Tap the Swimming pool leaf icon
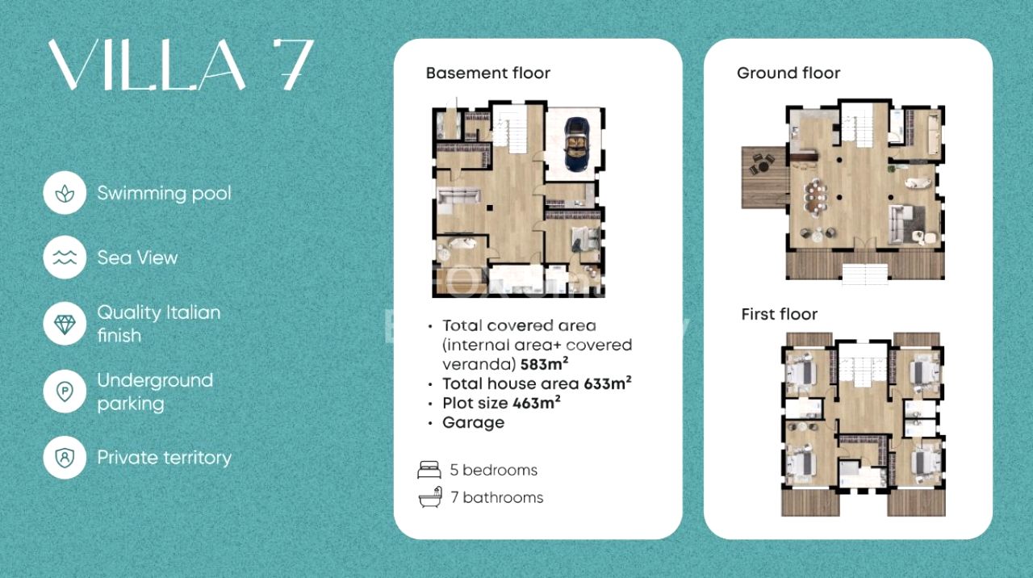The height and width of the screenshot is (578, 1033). tap(65, 193)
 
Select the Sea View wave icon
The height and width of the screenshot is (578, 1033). tap(65, 258)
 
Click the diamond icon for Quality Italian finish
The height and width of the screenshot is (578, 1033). tap(65, 325)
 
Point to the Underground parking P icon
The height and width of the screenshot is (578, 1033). tap(65, 392)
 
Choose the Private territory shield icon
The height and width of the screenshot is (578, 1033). tap(65, 458)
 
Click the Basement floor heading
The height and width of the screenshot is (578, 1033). tap(488, 73)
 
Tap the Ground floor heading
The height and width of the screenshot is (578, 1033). tap(788, 73)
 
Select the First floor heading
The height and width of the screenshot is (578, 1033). tap(779, 314)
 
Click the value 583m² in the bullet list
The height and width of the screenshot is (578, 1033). tap(544, 363)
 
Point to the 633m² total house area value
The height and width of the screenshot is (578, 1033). tap(608, 383)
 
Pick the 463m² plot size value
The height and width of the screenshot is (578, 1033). tap(537, 402)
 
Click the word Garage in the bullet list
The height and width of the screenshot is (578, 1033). tap(473, 422)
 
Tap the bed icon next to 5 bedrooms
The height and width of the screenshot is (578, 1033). tap(429, 470)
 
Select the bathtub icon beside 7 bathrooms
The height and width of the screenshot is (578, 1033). tap(431, 497)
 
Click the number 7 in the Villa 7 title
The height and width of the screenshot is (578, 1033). tap(293, 64)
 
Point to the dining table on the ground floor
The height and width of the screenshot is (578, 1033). tap(815, 198)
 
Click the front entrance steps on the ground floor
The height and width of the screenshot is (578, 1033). tap(864, 274)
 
